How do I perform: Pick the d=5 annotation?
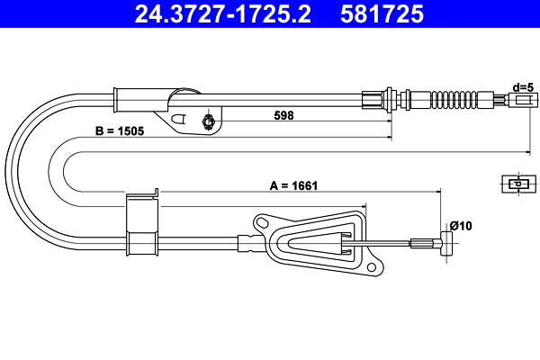pyautogui.click(x=523, y=87)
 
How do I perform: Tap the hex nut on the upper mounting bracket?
pyautogui.click(x=209, y=122)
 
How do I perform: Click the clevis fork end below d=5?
pyautogui.click(x=519, y=102)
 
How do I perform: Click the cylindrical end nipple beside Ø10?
pyautogui.click(x=444, y=242)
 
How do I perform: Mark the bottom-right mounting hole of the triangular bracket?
pyautogui.click(x=369, y=266)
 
